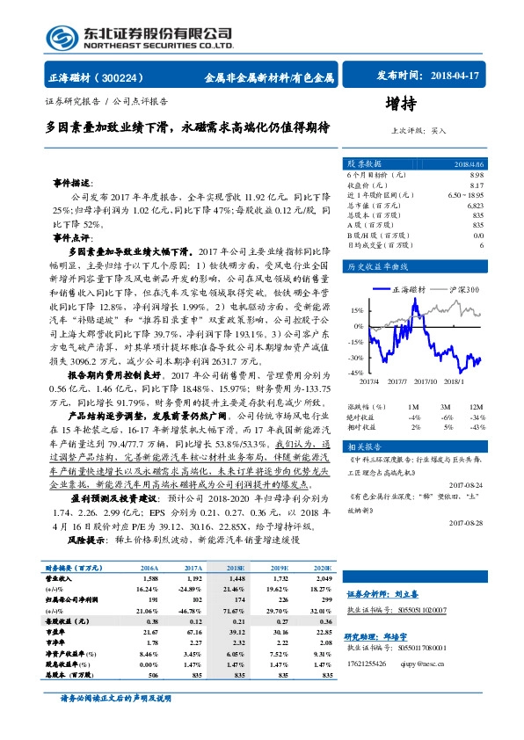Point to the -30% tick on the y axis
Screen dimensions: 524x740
click(357, 359)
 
